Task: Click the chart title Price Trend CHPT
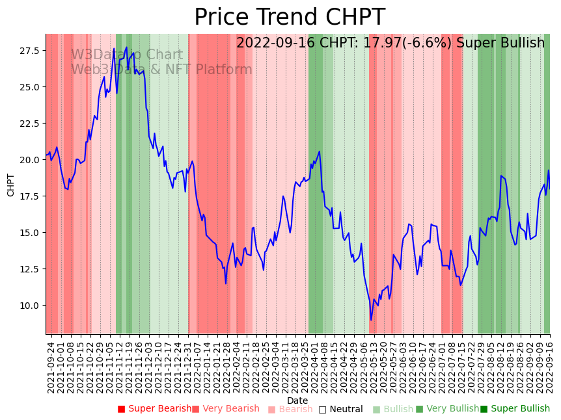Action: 290,18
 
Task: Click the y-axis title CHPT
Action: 10,185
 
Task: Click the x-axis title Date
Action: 297,400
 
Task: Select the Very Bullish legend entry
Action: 447,409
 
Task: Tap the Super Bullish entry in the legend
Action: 515,409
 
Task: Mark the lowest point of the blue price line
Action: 371,320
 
